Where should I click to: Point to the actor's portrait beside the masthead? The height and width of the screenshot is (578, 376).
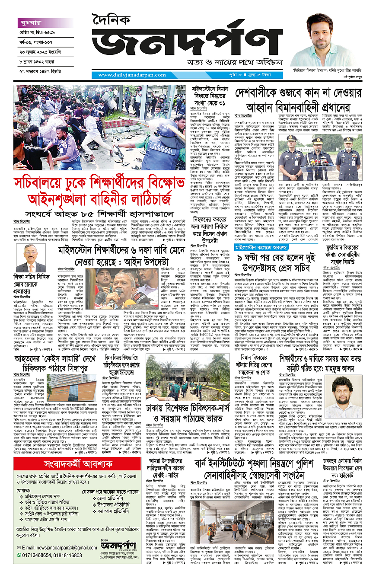[x=322, y=39]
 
